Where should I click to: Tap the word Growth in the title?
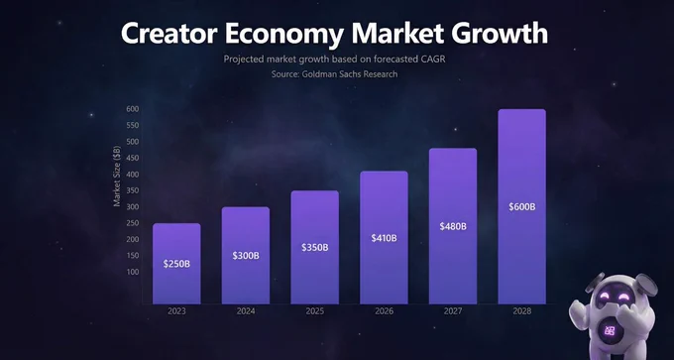point(500,33)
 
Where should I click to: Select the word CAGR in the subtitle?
point(432,59)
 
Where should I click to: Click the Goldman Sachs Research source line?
point(334,74)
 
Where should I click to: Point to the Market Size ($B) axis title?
point(117,177)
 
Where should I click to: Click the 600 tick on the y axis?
point(133,109)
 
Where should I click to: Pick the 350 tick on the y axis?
point(133,190)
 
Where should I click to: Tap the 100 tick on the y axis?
point(133,272)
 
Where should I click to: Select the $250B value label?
point(176,264)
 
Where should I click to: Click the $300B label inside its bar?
point(246,256)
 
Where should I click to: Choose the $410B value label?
point(385,238)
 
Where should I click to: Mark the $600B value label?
point(522,207)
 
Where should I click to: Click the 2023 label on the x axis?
point(176,311)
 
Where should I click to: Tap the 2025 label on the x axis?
point(315,311)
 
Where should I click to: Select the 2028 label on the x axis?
point(522,311)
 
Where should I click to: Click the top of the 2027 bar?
point(453,149)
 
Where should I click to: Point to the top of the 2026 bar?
point(384,172)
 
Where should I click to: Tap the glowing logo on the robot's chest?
point(610,330)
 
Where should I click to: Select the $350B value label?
point(315,247)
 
